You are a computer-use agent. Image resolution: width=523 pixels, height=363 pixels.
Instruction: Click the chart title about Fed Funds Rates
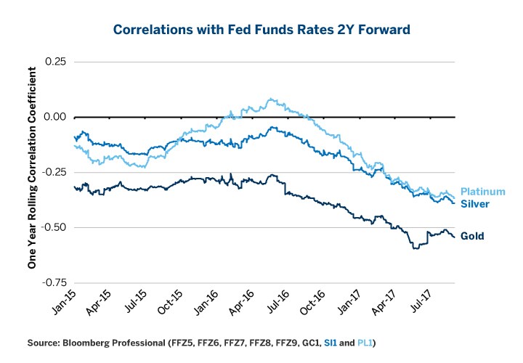click(261, 30)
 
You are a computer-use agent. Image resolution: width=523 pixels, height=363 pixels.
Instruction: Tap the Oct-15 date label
click(175, 303)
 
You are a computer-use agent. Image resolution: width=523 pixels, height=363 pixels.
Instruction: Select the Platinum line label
click(482, 192)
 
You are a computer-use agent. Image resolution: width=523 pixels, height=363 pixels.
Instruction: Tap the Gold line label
click(472, 236)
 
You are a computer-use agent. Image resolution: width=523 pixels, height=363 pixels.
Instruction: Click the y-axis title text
click(32, 168)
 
